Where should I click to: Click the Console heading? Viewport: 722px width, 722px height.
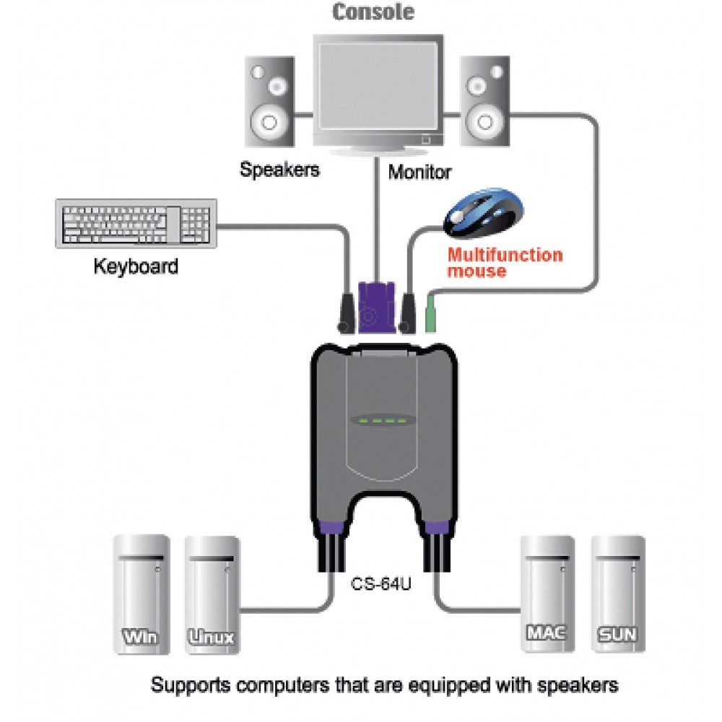pos(373,12)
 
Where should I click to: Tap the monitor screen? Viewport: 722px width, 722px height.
pos(378,87)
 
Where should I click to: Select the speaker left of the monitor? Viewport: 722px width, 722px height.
pos(270,102)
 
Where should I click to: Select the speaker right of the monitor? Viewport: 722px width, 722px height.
pos(485,101)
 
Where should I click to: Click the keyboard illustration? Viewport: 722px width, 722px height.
pos(136,224)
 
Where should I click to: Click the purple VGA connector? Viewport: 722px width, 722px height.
pos(376,308)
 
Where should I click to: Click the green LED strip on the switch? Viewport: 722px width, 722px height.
pos(383,420)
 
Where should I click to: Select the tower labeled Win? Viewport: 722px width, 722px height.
pos(142,594)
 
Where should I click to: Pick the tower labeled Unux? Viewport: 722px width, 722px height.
pos(212,595)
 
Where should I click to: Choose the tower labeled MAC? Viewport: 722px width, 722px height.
pos(547,593)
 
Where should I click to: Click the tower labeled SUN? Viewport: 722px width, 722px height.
pos(618,593)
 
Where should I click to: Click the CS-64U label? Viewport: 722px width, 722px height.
pos(380,584)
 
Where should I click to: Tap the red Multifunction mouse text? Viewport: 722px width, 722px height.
pos(505,263)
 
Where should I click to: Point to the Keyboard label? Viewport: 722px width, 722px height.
pos(136,266)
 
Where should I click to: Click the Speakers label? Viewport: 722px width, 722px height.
pos(279,170)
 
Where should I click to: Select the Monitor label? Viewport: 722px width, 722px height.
pos(419,173)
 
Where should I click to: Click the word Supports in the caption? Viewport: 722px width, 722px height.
pos(191,686)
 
